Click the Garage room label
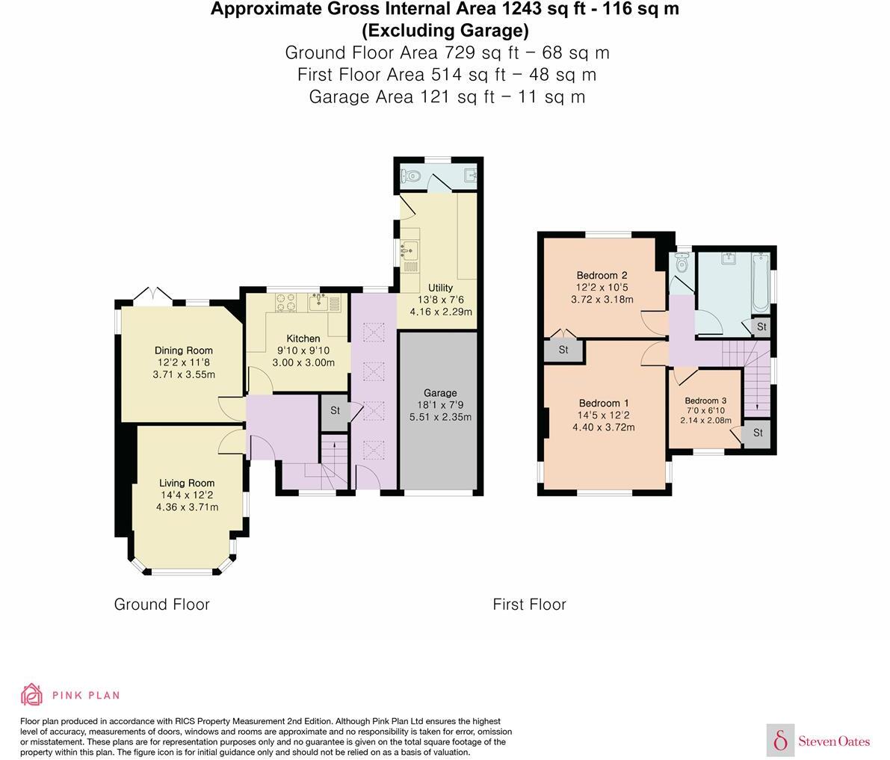[439, 393]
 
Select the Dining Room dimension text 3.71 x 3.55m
[184, 374]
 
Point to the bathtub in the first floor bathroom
[760, 282]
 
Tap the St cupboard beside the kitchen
[335, 410]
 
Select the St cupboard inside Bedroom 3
[757, 433]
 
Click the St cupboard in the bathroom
[761, 327]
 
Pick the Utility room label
[440, 288]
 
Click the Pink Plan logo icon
[31, 694]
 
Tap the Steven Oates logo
[819, 741]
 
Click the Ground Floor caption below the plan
[161, 604]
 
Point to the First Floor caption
[529, 604]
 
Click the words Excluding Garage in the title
[445, 31]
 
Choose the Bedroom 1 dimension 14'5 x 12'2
[602, 415]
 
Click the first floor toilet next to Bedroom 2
[681, 262]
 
